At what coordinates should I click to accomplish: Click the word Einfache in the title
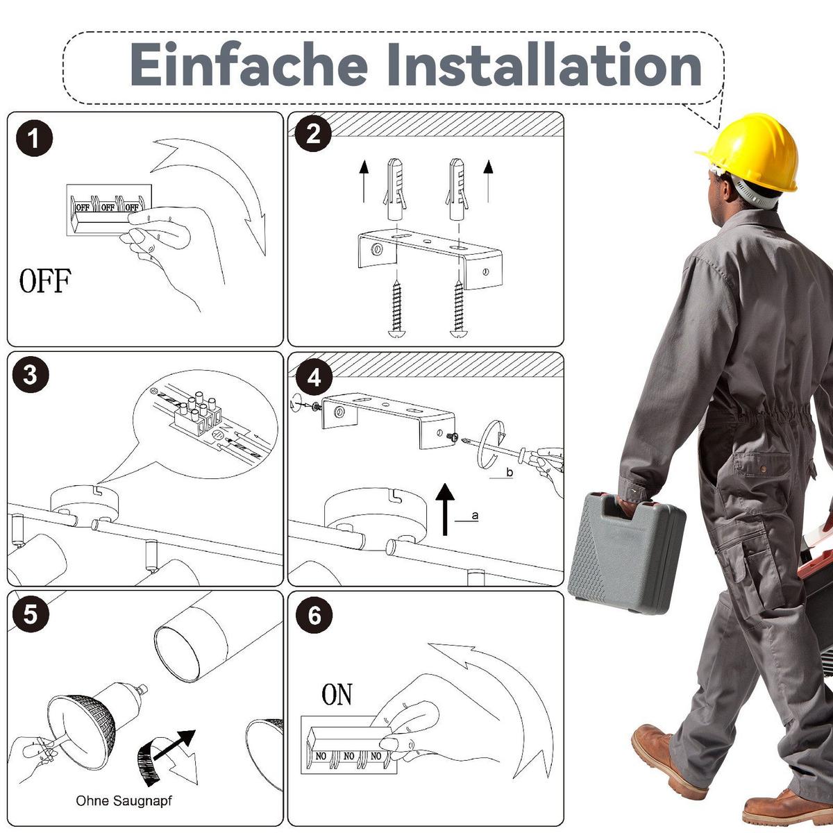pos(248,65)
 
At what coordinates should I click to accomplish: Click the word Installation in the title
pos(544,65)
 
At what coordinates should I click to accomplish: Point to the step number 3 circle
pos(31,374)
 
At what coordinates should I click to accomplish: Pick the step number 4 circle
pos(314,378)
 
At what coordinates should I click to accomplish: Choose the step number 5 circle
pos(31,614)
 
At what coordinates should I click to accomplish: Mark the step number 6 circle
pos(314,615)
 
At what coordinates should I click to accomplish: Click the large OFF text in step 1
pos(45,280)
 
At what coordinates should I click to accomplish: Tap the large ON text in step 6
pos(337,694)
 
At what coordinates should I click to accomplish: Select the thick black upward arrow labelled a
pos(445,510)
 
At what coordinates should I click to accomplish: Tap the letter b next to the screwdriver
pos(510,472)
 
